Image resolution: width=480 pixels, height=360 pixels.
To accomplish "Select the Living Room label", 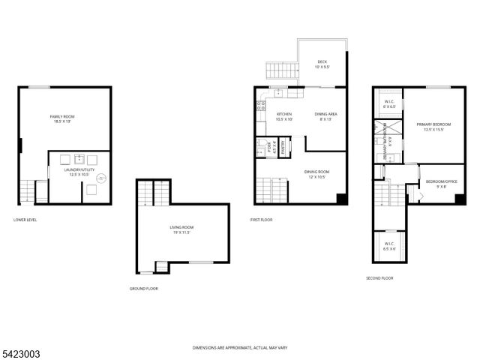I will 181,229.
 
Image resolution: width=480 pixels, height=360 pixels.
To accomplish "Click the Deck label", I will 322,64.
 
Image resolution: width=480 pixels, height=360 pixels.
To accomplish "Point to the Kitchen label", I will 284,115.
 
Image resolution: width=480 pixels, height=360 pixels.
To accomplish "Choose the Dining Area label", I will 326,115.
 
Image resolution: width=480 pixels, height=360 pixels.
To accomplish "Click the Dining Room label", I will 316,174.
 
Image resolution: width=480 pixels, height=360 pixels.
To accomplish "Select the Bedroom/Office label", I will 441,183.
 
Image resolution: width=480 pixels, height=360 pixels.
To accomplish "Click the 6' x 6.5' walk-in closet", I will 389,104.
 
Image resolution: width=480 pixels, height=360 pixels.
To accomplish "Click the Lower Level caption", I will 25,220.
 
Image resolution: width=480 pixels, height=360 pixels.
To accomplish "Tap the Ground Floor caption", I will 143,289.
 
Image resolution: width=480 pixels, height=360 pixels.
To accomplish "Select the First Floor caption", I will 261,220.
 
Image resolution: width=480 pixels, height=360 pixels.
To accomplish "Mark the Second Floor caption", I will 379,278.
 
